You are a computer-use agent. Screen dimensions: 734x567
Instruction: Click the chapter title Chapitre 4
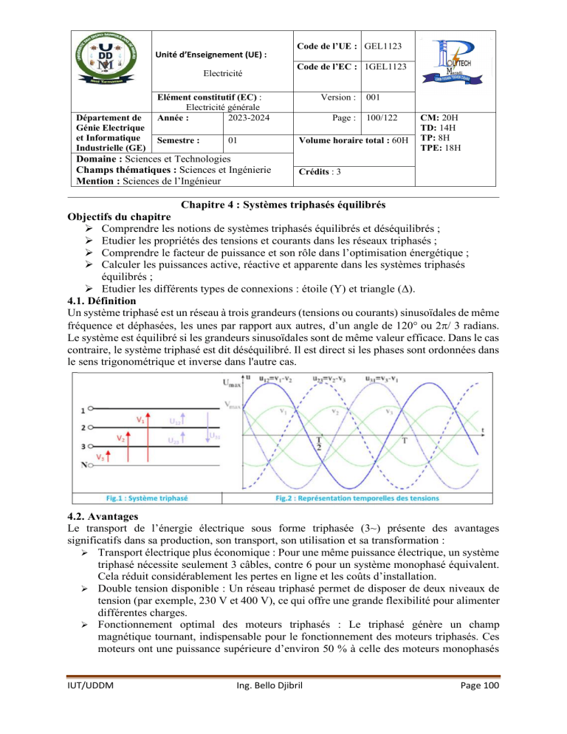283,204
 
